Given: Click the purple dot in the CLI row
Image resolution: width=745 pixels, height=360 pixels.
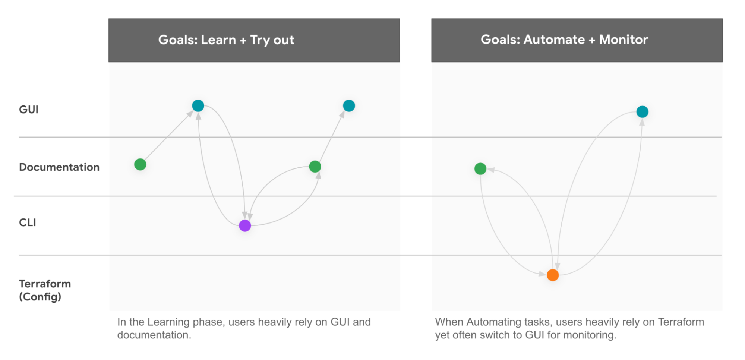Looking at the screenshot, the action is (x=245, y=225).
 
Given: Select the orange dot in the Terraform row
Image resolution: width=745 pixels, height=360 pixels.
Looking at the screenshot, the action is (x=553, y=275).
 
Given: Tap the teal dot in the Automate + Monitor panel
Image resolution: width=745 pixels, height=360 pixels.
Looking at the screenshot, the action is (x=643, y=112).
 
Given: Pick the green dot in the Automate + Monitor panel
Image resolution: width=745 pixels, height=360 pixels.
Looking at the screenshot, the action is (x=480, y=169).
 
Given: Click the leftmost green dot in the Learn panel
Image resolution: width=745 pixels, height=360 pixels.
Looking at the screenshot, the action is (x=140, y=164).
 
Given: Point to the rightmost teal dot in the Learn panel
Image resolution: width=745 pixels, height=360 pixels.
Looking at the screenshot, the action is (x=349, y=106).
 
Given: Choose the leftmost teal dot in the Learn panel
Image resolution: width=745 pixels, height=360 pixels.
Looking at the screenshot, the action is (x=198, y=106).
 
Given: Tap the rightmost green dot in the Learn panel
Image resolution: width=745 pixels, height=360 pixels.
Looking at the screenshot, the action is (x=315, y=167).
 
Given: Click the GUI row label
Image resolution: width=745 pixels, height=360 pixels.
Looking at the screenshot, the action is (x=29, y=110).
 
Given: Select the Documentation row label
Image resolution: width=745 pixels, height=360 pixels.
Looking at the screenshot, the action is (x=59, y=167).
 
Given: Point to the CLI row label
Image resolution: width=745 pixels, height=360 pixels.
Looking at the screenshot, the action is (x=28, y=222).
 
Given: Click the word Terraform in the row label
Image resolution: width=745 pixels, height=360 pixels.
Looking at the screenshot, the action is (x=45, y=284).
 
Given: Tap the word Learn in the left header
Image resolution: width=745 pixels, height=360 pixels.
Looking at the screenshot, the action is (x=219, y=40).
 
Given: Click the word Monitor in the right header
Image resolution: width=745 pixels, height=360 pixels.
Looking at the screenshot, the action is (x=624, y=40).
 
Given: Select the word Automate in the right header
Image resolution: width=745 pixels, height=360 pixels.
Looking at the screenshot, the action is (x=554, y=40).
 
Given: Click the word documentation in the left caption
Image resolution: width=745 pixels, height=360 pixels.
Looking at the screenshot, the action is (x=154, y=335).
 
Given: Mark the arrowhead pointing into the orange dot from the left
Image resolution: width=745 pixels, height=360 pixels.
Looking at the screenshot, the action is (x=542, y=274).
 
